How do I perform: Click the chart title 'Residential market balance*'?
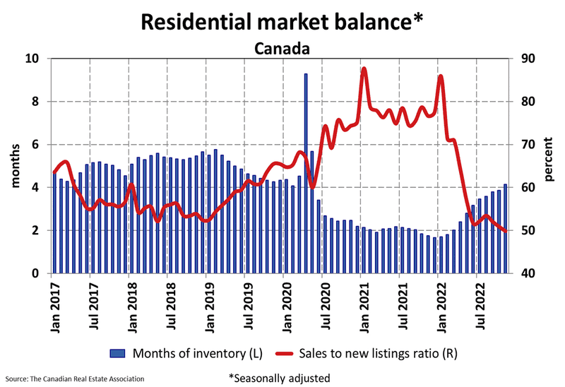pos(282,21)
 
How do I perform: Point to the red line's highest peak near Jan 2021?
pos(364,69)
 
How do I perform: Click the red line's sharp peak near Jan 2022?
pos(440,76)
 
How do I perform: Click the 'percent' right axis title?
pos(549,166)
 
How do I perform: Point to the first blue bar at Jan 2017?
pos(54,223)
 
